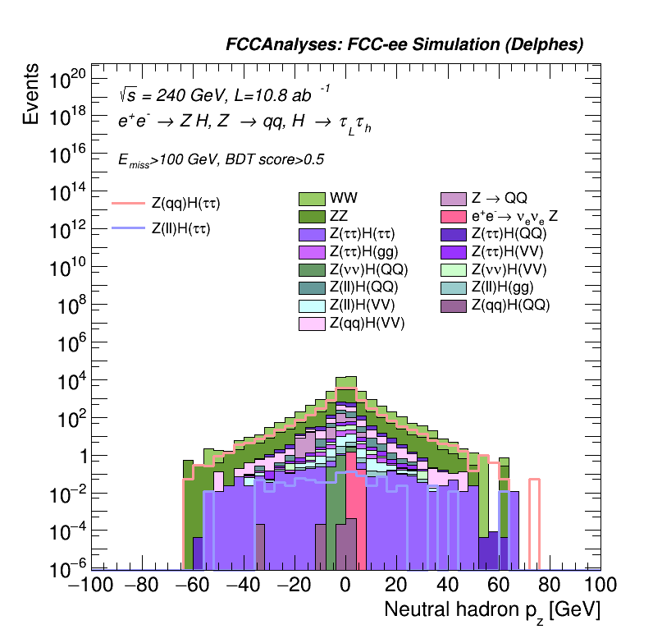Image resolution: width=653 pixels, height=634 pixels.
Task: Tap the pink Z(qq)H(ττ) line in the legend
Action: [x=128, y=202]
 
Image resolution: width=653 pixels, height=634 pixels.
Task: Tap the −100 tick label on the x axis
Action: [x=87, y=586]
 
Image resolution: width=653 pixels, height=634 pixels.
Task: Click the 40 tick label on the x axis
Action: [x=448, y=586]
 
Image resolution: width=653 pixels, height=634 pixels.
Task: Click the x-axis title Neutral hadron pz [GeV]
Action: [x=493, y=610]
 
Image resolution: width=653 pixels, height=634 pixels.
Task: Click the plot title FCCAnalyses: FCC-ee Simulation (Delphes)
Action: [x=404, y=45]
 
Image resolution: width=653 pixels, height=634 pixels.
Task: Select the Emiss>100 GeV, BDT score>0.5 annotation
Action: [x=221, y=160]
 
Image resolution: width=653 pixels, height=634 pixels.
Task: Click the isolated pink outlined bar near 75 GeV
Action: [x=534, y=522]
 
